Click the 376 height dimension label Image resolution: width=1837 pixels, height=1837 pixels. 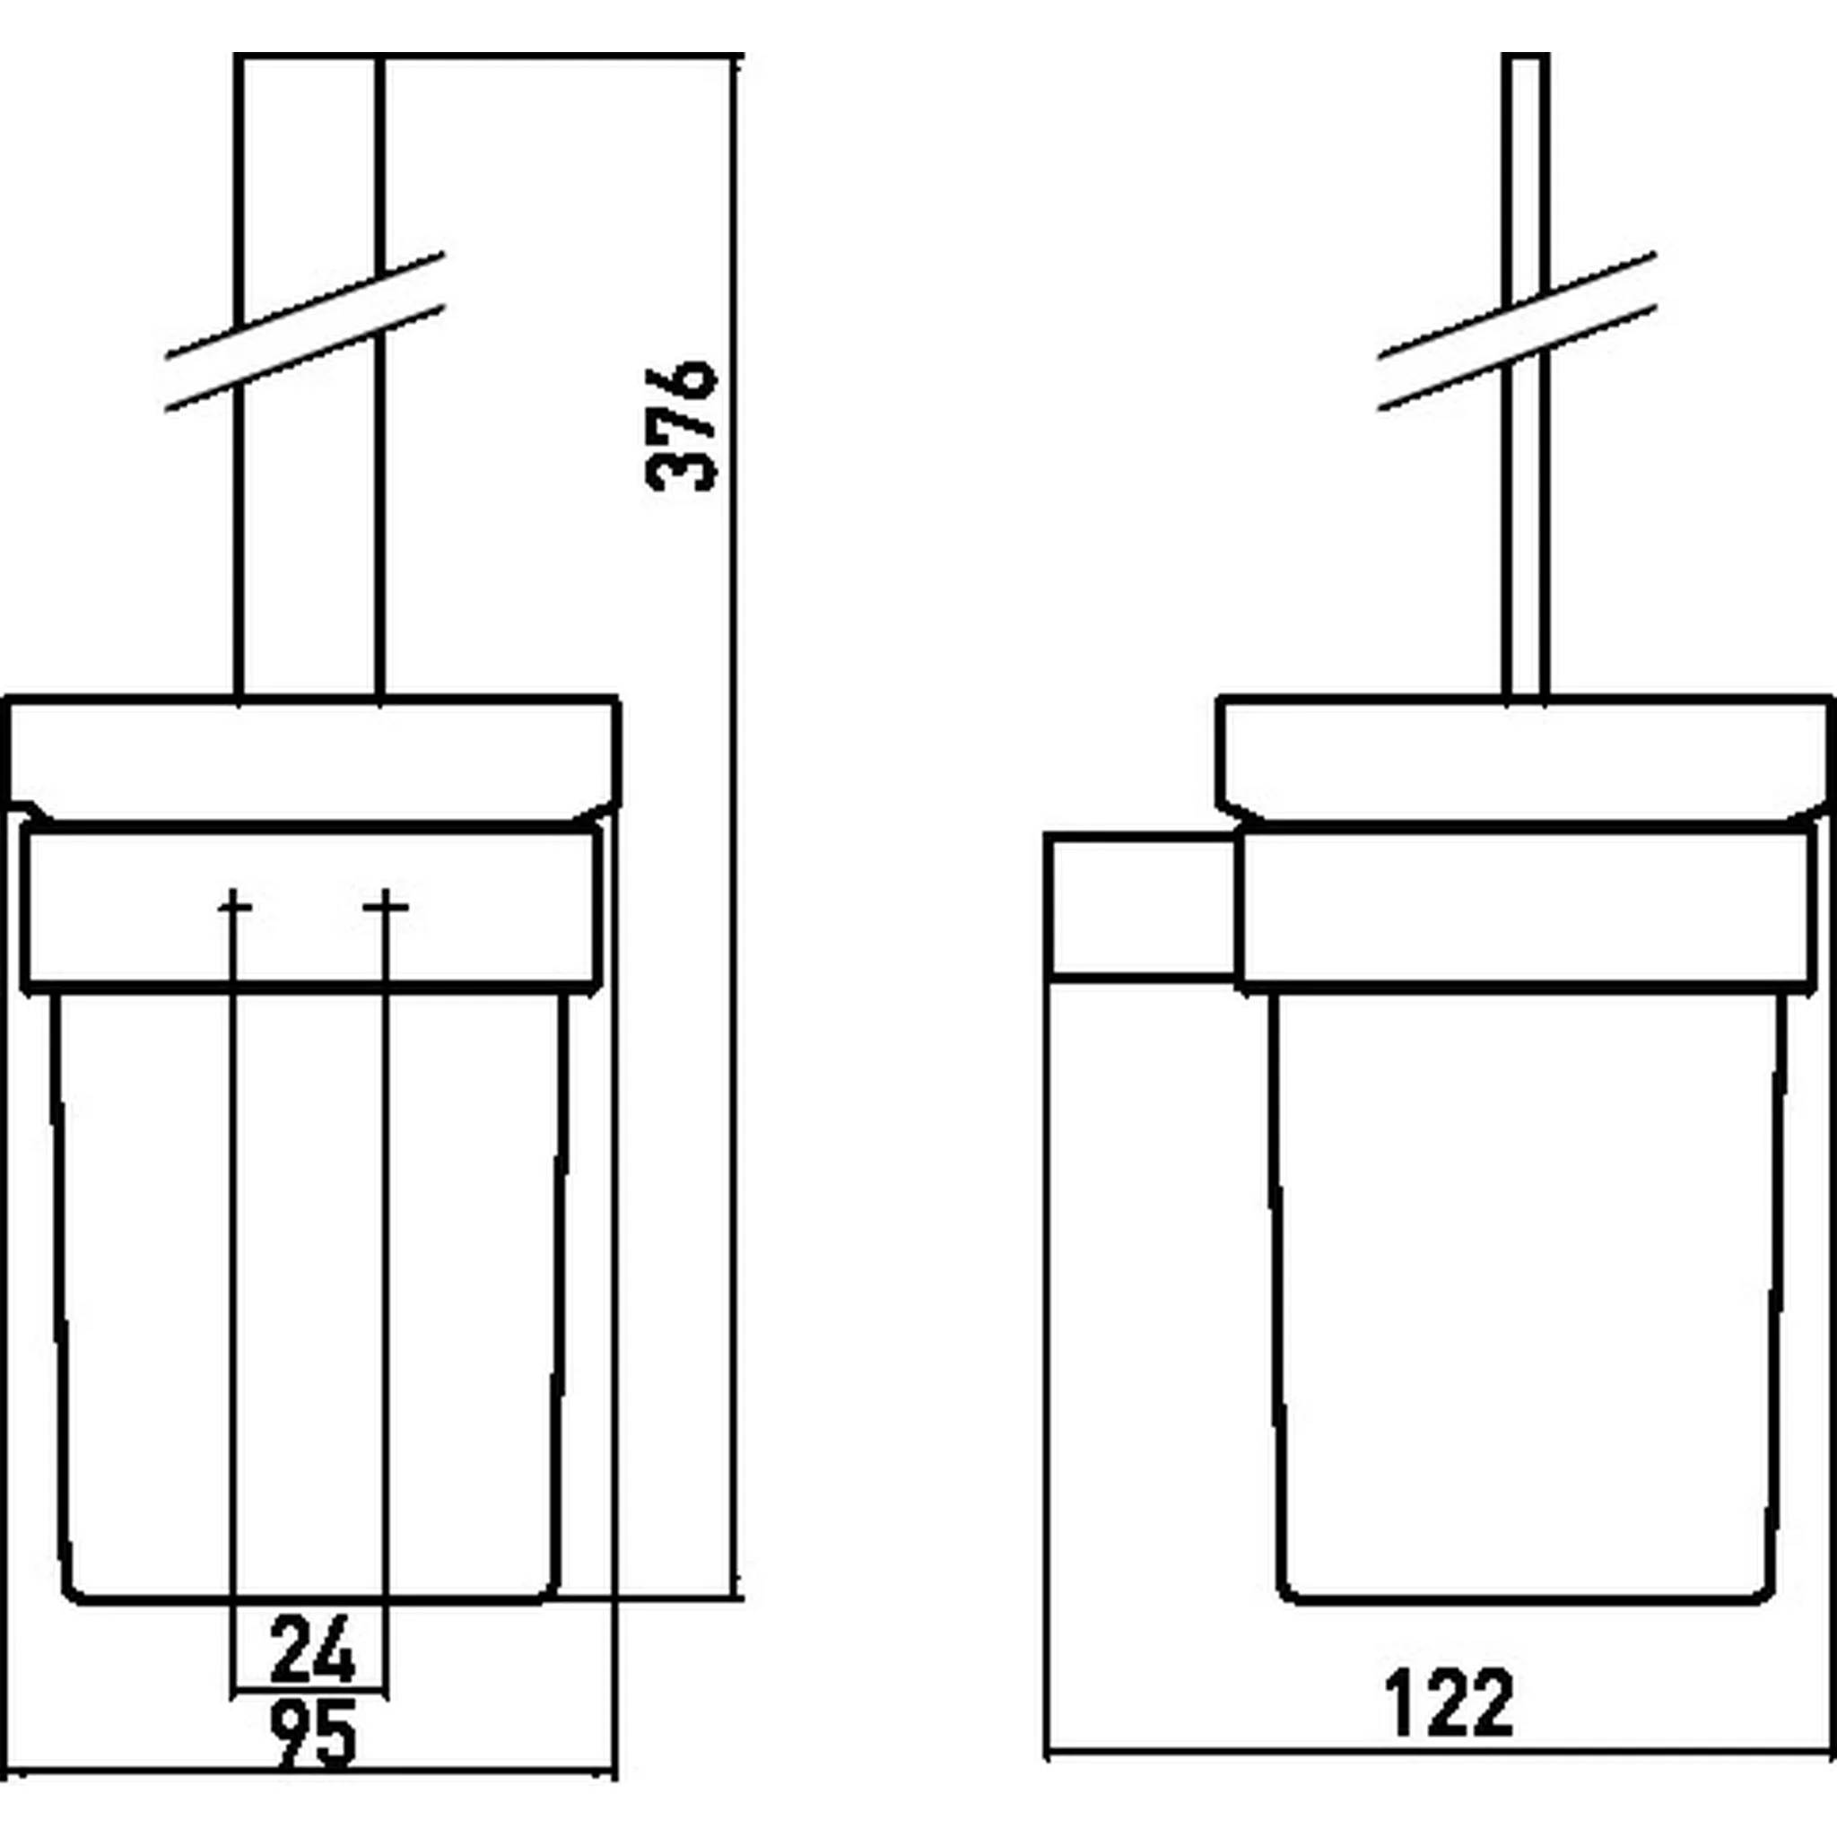[x=681, y=425]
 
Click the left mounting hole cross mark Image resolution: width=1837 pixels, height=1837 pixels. [x=234, y=908]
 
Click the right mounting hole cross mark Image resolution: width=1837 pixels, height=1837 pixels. [x=385, y=908]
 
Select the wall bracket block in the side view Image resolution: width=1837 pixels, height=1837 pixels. [x=1142, y=904]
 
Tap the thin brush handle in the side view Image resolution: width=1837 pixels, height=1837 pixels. [x=1526, y=376]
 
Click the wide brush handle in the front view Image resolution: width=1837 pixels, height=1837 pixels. [x=309, y=376]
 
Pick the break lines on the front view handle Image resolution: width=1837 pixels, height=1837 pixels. [x=305, y=332]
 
